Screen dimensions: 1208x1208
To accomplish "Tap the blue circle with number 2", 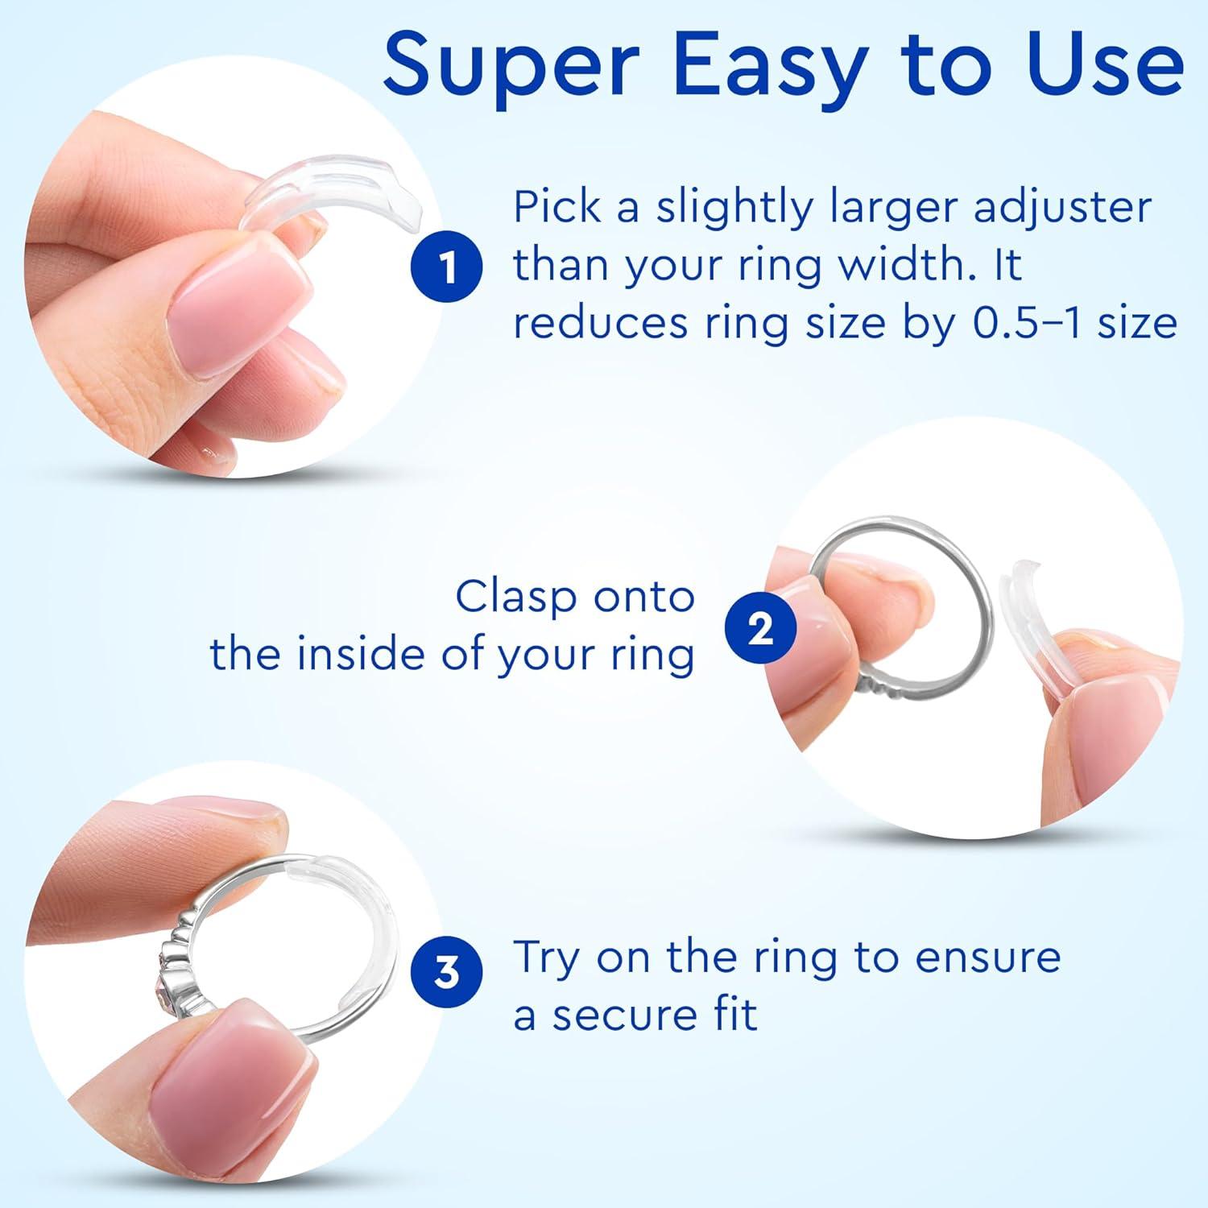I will coord(760,628).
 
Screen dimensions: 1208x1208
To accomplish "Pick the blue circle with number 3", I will coord(447,974).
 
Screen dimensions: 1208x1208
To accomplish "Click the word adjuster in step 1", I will coord(1063,208).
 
